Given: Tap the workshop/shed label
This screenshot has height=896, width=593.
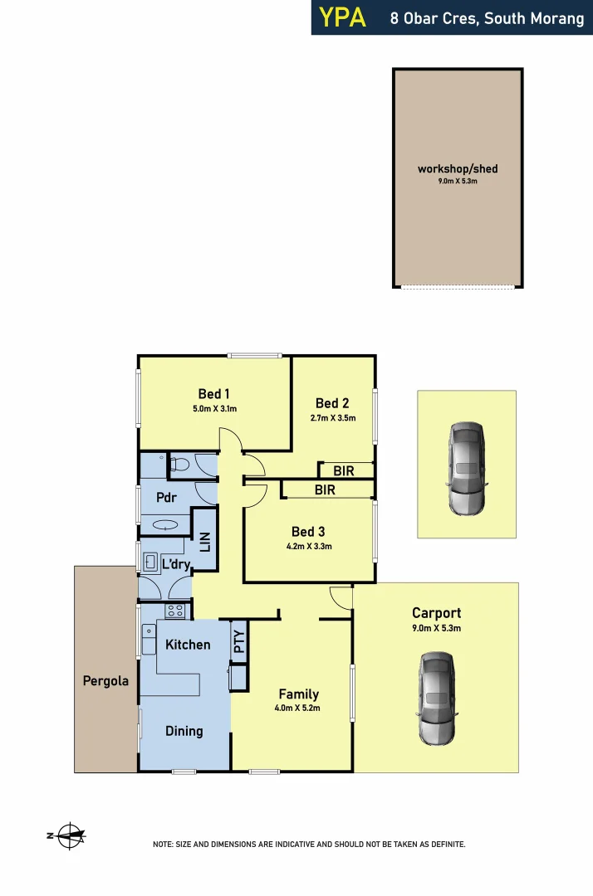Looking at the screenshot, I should pos(458,169).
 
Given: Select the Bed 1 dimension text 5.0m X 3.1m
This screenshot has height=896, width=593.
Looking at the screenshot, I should pos(214,408).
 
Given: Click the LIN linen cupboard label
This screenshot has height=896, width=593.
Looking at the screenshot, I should pos(205,542).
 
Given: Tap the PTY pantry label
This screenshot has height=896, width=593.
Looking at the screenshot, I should pos(239,642).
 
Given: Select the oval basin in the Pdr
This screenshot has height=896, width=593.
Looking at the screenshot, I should pos(165,525).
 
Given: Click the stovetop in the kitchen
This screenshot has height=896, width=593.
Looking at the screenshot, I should pos(174,611).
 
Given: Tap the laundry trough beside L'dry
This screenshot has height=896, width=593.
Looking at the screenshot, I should pos(151,562).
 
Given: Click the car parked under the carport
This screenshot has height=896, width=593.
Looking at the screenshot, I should pos(437,697).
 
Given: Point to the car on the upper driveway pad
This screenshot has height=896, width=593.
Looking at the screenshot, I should pos(466,467).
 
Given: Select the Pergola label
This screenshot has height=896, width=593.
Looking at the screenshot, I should pos(105,681).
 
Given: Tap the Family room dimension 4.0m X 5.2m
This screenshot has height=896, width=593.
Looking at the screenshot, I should pos(298,709).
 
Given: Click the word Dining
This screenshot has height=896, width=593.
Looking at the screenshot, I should pos(184,731).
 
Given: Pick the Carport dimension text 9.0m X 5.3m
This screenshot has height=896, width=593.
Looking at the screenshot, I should pos(436,629).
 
